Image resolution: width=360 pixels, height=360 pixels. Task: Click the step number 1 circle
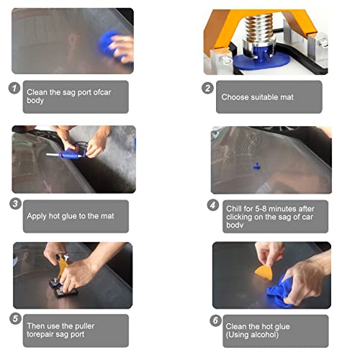click(x=14, y=88)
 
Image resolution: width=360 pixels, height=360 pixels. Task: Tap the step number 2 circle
click(x=207, y=88)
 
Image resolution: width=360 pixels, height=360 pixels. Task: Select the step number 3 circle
click(x=14, y=204)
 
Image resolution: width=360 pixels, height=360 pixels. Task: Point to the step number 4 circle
click(x=212, y=204)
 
